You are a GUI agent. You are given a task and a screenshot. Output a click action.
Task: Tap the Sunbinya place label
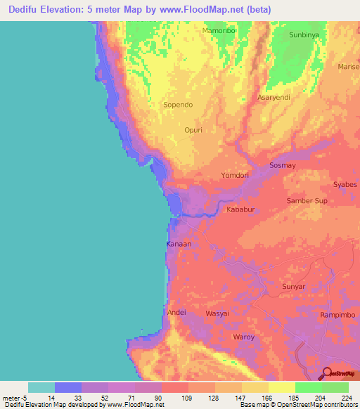(x=304, y=34)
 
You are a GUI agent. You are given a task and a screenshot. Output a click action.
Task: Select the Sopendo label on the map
(x=178, y=105)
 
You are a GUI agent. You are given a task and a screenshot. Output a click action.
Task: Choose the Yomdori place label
(x=236, y=175)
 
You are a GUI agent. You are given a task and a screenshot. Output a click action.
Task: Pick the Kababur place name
(x=240, y=209)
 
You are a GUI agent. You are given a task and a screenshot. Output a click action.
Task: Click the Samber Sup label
(x=307, y=201)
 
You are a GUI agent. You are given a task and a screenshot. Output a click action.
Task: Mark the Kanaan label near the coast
(x=179, y=244)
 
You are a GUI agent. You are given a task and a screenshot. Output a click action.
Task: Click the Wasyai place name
(x=217, y=313)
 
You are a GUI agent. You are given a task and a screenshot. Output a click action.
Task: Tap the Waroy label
(x=244, y=337)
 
